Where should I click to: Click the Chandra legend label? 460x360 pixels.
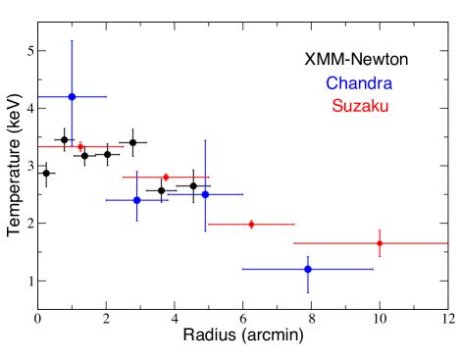pyautogui.click(x=359, y=84)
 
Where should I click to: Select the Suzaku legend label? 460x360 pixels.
pyautogui.click(x=360, y=106)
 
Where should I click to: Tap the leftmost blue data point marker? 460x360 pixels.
pyautogui.click(x=72, y=96)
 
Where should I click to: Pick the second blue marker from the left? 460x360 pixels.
pyautogui.click(x=137, y=199)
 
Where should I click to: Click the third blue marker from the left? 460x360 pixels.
pyautogui.click(x=205, y=194)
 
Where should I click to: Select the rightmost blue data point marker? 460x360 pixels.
pyautogui.click(x=308, y=268)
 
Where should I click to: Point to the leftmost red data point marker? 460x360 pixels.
pyautogui.click(x=80, y=146)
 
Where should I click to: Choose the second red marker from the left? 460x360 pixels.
pyautogui.click(x=166, y=178)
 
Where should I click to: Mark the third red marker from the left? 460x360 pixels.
pyautogui.click(x=251, y=225)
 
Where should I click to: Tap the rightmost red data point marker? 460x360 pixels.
pyautogui.click(x=379, y=242)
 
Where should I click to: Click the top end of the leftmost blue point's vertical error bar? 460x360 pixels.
pyautogui.click(x=72, y=40)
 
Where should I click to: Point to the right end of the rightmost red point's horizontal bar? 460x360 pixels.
pyautogui.click(x=446, y=242)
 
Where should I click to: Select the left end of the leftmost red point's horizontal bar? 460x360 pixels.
pyautogui.click(x=39, y=146)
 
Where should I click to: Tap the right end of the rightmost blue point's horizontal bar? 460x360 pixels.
pyautogui.click(x=373, y=268)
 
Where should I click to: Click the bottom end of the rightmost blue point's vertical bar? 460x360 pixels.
pyautogui.click(x=308, y=292)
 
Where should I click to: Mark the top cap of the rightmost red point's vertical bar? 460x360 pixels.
pyautogui.click(x=379, y=231)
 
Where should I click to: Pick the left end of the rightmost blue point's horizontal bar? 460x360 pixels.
pyautogui.click(x=243, y=268)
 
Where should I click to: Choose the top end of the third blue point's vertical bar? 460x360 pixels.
pyautogui.click(x=205, y=140)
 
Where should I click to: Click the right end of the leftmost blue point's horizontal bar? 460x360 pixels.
pyautogui.click(x=106, y=96)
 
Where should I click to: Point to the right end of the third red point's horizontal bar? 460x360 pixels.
pyautogui.click(x=294, y=225)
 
